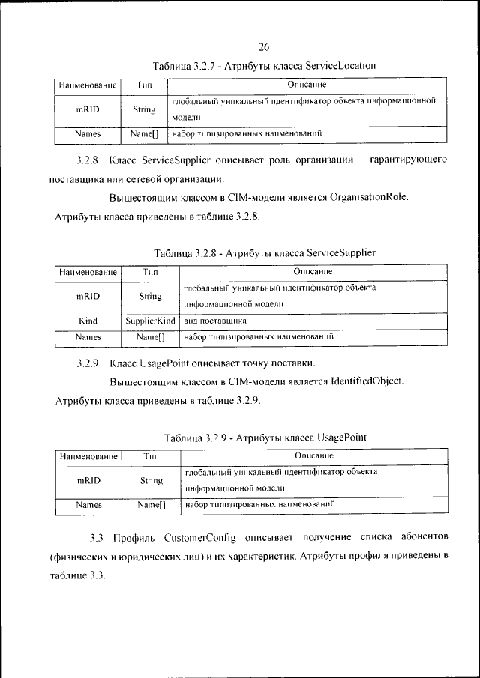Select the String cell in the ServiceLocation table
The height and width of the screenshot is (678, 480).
pyautogui.click(x=144, y=109)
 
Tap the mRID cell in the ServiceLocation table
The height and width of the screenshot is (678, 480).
pyautogui.click(x=88, y=109)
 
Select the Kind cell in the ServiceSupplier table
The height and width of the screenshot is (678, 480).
pyautogui.click(x=88, y=321)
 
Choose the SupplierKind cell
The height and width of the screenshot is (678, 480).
pyautogui.click(x=150, y=321)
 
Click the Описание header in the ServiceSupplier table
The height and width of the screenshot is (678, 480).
pyautogui.click(x=313, y=271)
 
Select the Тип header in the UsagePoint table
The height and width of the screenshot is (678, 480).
pyautogui.click(x=151, y=455)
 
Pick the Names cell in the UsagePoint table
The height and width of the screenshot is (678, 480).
pyautogui.click(x=88, y=506)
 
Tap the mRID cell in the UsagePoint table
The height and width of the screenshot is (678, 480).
pyautogui.click(x=88, y=480)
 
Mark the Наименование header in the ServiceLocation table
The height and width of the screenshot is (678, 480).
pyautogui.click(x=88, y=85)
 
